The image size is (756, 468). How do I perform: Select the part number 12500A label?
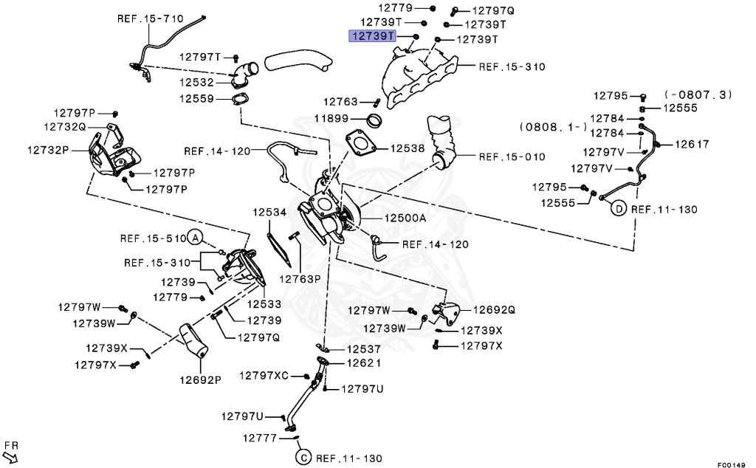[405, 218]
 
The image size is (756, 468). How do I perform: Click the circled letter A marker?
[195, 238]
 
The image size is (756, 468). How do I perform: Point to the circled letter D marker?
[618, 209]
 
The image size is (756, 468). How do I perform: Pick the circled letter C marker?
[303, 458]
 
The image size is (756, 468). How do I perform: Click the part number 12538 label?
[408, 148]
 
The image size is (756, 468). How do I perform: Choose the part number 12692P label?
[199, 380]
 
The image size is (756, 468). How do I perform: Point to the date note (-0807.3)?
[698, 94]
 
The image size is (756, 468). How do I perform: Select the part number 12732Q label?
[65, 127]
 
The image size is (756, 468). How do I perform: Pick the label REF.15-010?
[512, 156]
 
